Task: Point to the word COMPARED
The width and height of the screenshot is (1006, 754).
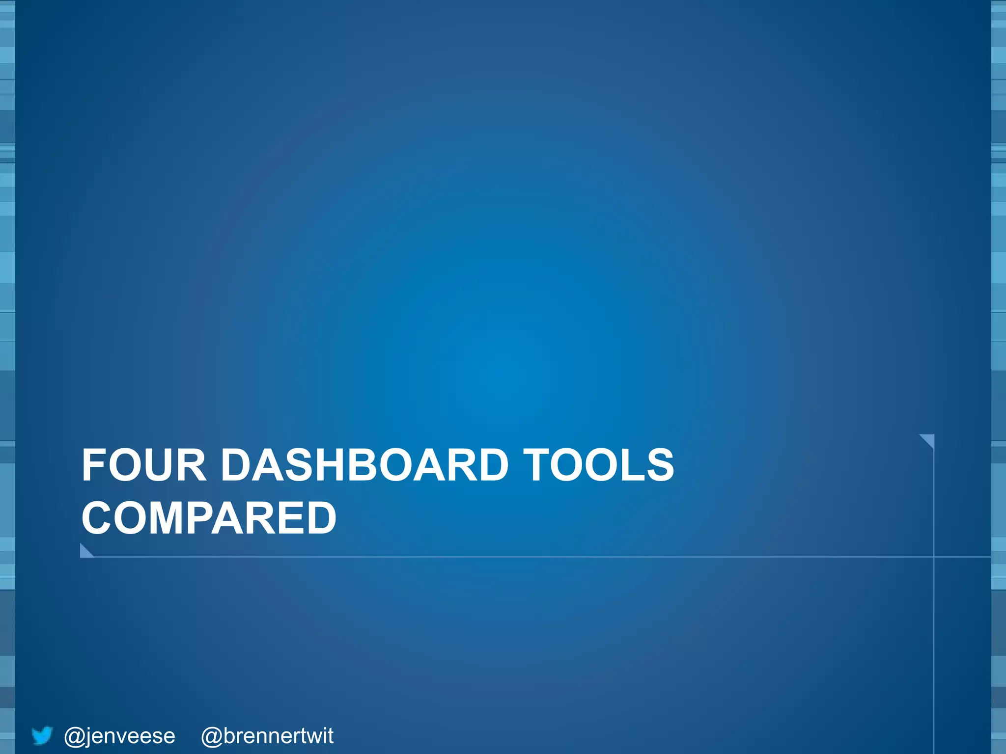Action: [209, 518]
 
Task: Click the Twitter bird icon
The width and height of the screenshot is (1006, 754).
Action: [42, 736]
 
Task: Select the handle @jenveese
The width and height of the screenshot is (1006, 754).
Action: [119, 736]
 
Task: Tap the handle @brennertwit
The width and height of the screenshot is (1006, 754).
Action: [267, 736]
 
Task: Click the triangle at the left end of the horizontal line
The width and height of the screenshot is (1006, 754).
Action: [85, 552]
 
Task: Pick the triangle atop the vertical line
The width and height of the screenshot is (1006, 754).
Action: [928, 440]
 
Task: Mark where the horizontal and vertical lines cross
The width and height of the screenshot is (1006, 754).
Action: [933, 557]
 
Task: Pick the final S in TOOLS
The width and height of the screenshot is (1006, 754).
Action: [661, 465]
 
